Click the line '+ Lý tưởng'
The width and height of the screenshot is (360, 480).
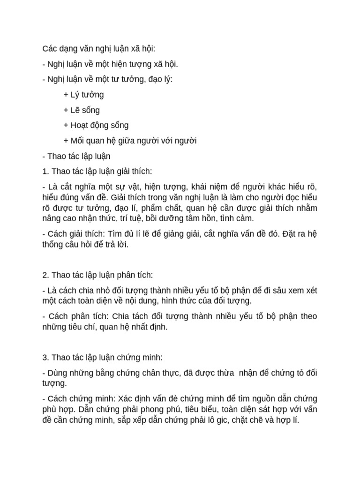pos(83,95)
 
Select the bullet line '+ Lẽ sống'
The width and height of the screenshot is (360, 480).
pos(82,110)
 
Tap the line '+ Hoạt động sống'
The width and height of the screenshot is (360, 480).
pos(96,125)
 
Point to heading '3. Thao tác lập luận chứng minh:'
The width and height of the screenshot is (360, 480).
pos(102,357)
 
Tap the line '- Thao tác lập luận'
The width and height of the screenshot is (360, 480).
pos(76,156)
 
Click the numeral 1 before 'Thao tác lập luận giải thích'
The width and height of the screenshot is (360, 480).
pos(44,171)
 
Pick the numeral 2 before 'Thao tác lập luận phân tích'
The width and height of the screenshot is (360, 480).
pos(44,275)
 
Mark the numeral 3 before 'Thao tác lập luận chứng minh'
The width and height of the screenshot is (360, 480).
pos(44,357)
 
